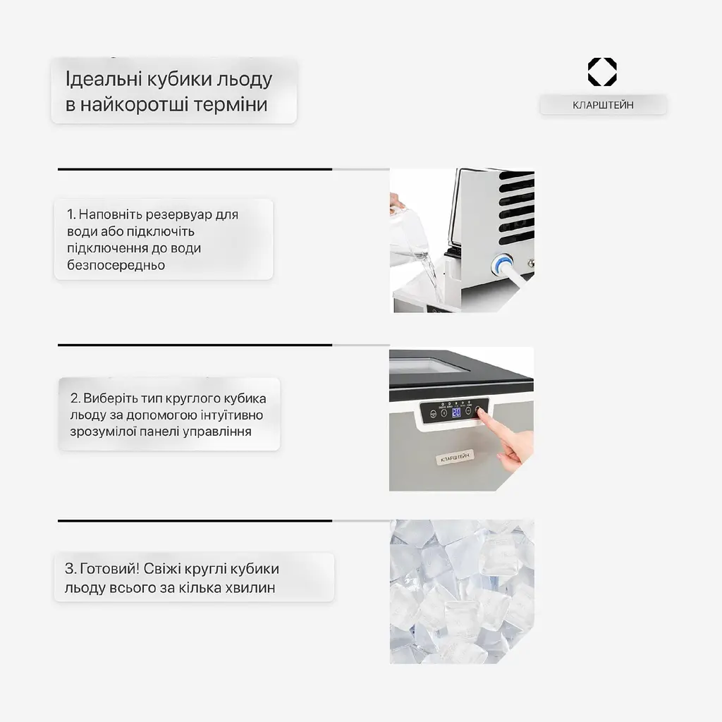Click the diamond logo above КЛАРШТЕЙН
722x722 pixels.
coord(602,72)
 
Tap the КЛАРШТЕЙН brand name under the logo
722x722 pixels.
coord(603,105)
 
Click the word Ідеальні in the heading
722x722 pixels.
coord(104,79)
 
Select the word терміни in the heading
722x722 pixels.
coord(231,104)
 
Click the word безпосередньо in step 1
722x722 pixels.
coord(116,265)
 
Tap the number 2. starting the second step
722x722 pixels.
coord(75,398)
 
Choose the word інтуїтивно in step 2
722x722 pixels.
coord(232,415)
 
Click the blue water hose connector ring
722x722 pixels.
coord(501,264)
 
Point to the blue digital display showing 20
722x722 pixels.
coord(456,412)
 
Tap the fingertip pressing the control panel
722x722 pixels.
coord(480,411)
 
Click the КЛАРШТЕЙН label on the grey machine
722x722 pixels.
coord(455,458)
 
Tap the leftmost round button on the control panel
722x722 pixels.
coord(433,414)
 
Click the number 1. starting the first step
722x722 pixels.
coord(71,214)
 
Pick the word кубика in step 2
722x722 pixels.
coord(245,398)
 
